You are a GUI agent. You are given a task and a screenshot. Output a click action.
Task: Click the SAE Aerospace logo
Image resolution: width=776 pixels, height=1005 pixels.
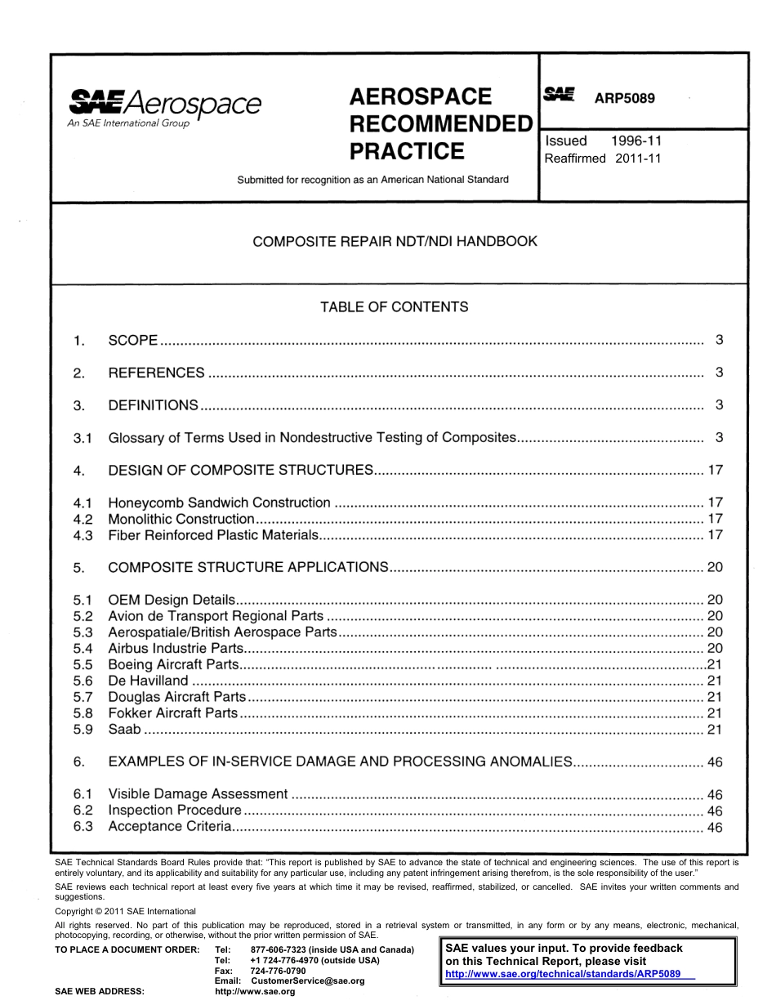pyautogui.click(x=164, y=107)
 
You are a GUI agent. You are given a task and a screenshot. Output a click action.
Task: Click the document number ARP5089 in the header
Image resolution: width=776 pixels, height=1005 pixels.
pyautogui.click(x=624, y=98)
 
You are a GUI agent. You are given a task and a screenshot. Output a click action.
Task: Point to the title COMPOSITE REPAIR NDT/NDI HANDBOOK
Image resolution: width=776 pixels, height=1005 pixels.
pyautogui.click(x=395, y=241)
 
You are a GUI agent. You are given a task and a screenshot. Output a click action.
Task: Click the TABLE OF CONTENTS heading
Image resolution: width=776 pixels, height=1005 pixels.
pyautogui.click(x=395, y=307)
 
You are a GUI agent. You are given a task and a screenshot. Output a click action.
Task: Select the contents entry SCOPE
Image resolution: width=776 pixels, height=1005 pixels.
pyautogui.click(x=133, y=340)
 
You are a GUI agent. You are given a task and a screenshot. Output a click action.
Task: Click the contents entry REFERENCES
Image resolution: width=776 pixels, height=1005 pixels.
pyautogui.click(x=156, y=373)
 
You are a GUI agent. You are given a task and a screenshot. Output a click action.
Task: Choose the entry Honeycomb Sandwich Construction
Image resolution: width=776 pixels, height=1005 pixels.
pyautogui.click(x=219, y=502)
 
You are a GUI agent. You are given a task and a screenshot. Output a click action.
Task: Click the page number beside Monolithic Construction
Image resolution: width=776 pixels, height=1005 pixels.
pyautogui.click(x=715, y=519)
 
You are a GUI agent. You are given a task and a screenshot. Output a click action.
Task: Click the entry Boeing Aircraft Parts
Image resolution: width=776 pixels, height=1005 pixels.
pyautogui.click(x=174, y=664)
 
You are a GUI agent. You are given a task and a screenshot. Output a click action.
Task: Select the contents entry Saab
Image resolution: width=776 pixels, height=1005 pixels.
pyautogui.click(x=124, y=730)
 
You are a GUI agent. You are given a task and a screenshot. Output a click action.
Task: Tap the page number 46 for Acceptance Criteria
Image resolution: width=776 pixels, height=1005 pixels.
pyautogui.click(x=715, y=828)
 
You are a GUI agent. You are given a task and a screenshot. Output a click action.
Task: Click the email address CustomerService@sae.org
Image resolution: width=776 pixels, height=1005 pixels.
pyautogui.click(x=307, y=980)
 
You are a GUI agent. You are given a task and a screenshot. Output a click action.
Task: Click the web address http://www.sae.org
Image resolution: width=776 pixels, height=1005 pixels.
pyautogui.click(x=254, y=992)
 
